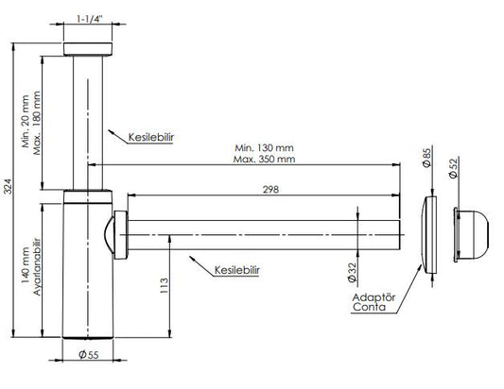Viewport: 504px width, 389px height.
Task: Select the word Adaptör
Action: [370, 296]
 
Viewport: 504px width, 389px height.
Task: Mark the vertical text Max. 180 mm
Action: [39, 124]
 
